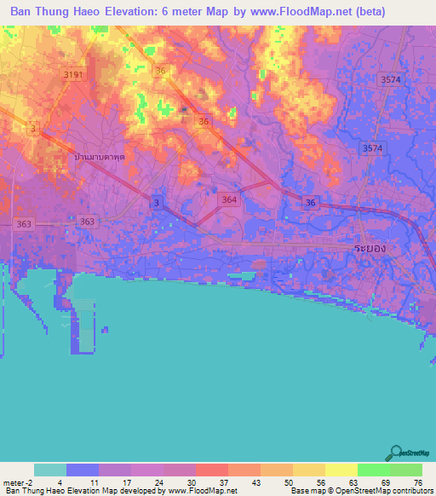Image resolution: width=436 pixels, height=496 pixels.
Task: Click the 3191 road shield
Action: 74,76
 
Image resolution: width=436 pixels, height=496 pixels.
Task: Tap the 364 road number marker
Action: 228,199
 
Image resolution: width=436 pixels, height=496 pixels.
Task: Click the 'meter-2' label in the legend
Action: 18,482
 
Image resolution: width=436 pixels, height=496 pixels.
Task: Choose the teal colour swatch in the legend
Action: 50,470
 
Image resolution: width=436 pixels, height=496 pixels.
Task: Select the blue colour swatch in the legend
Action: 83,470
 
